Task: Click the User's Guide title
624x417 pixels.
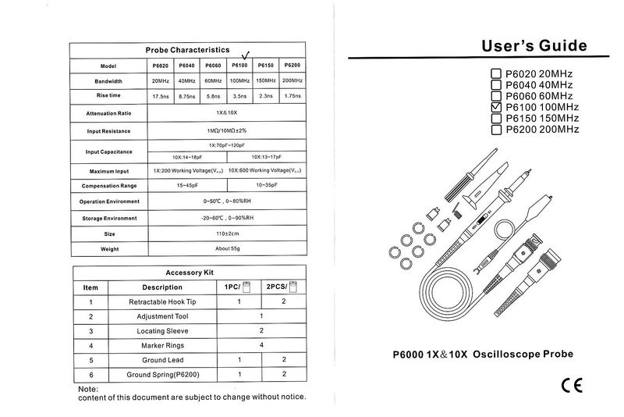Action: click(535, 46)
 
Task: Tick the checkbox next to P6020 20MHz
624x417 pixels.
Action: click(496, 74)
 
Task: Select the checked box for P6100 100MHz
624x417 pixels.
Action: click(496, 107)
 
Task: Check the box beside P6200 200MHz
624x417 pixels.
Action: click(496, 130)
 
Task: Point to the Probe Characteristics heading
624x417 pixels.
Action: click(187, 49)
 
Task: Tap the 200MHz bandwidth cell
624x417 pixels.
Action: click(293, 80)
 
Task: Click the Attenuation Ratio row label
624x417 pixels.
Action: click(108, 114)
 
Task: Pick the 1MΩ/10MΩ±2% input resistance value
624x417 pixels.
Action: click(227, 130)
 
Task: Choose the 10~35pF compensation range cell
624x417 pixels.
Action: click(266, 186)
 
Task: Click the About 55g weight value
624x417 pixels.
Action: click(227, 249)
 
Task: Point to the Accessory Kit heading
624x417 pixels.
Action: click(190, 273)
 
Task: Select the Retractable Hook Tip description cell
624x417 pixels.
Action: click(162, 301)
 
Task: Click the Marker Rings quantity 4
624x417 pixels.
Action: click(262, 345)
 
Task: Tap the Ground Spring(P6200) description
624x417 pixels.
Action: click(162, 375)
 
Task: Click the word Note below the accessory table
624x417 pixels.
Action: click(88, 389)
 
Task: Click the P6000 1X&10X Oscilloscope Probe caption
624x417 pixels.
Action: click(483, 354)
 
